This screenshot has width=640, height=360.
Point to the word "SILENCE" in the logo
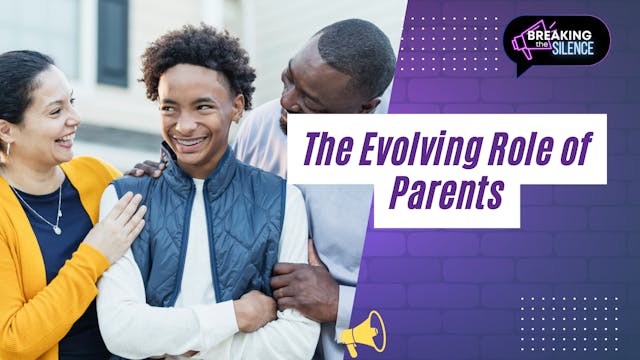point(574,48)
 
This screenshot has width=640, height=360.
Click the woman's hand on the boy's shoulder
point(117,222)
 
